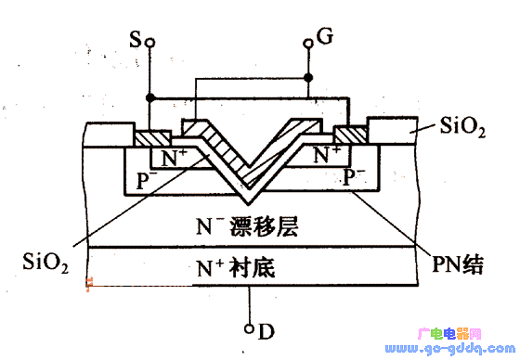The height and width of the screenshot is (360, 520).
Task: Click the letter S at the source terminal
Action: click(x=136, y=40)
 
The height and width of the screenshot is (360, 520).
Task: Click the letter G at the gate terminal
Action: click(x=324, y=37)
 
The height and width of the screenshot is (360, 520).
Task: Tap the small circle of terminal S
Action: click(x=149, y=43)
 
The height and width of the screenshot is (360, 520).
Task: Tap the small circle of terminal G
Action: click(x=309, y=43)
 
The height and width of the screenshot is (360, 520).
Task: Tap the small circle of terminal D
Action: click(x=250, y=328)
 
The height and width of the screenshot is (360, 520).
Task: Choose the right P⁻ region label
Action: click(x=354, y=175)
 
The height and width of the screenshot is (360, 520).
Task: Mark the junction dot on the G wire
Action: click(x=309, y=78)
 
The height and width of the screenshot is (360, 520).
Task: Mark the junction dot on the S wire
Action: click(x=149, y=96)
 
